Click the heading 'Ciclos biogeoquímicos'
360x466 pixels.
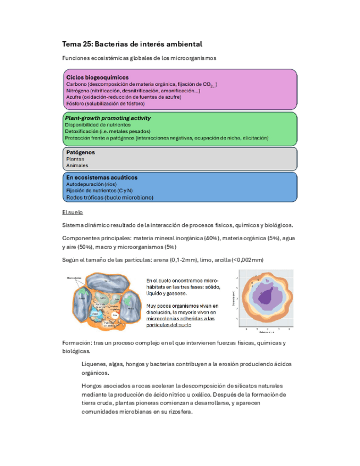[x=97, y=77]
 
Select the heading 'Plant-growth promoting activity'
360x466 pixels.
[x=108, y=118]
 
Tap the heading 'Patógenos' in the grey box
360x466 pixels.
[x=80, y=152]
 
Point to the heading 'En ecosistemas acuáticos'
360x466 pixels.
[x=102, y=178]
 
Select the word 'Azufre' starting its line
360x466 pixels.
[x=74, y=97]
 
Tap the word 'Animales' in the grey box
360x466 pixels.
[x=77, y=165]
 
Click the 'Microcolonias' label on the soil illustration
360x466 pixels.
[x=74, y=278]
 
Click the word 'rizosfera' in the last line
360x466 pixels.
[x=179, y=413]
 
